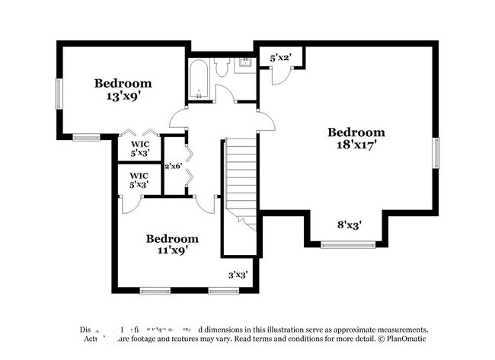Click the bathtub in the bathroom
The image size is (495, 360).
(x=200, y=79)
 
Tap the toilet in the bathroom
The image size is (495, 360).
(x=222, y=68)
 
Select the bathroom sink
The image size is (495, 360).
(x=246, y=64)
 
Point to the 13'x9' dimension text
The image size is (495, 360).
(x=123, y=96)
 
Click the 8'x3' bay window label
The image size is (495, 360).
(x=350, y=225)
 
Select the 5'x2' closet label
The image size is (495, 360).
(x=281, y=57)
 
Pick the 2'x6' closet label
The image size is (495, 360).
(x=174, y=165)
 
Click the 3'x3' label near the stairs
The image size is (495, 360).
(x=239, y=276)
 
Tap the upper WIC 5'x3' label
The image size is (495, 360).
(x=139, y=148)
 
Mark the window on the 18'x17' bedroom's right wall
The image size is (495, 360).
(x=436, y=152)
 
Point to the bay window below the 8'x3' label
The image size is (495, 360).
(x=348, y=244)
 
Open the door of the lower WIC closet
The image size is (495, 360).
(x=130, y=202)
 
